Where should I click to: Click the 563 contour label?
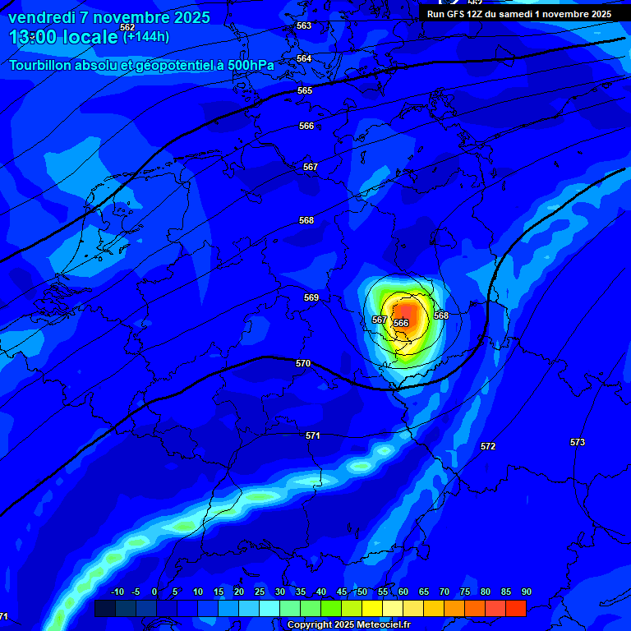[x=304, y=25]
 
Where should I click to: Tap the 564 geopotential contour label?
[x=304, y=58]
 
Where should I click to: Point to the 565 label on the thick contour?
[x=305, y=90]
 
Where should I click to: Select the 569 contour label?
[x=311, y=297]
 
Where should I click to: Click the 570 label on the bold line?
[x=303, y=363]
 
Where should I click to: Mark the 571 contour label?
[x=313, y=435]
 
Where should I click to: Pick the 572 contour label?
[x=488, y=446]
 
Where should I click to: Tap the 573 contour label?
[x=578, y=442]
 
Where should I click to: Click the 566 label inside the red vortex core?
[x=401, y=323]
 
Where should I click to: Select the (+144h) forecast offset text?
[x=146, y=36]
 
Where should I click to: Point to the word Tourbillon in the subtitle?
[x=41, y=65]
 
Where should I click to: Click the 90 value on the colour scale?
[x=526, y=592]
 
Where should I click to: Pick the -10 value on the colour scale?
[x=117, y=592]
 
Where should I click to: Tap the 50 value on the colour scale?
[x=362, y=592]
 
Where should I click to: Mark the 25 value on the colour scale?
[x=259, y=592]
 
